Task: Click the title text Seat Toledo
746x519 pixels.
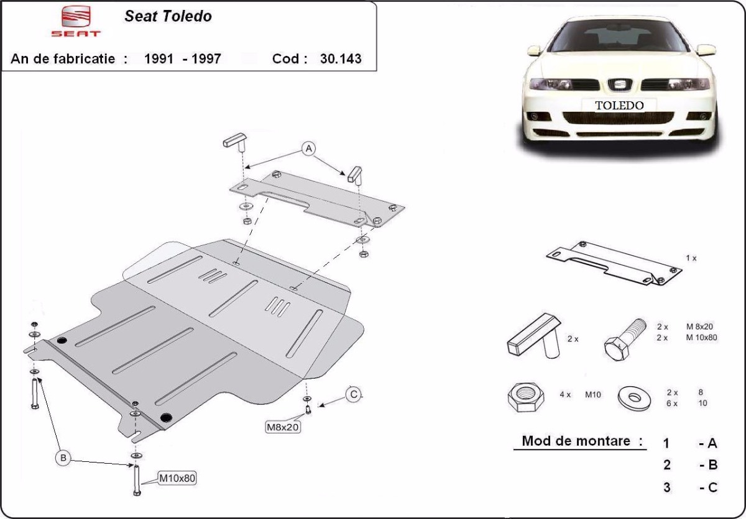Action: pyautogui.click(x=168, y=16)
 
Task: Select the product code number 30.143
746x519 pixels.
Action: pyautogui.click(x=341, y=59)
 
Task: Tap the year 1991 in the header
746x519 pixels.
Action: pyautogui.click(x=159, y=59)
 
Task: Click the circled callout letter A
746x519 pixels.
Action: pyautogui.click(x=308, y=148)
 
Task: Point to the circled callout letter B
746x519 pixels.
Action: pyautogui.click(x=63, y=458)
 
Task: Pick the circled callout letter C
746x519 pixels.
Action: pyautogui.click(x=353, y=395)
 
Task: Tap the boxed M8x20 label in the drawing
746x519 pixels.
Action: pyautogui.click(x=283, y=427)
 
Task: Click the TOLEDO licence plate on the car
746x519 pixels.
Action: pyautogui.click(x=619, y=106)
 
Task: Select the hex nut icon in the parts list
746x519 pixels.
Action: pyautogui.click(x=526, y=397)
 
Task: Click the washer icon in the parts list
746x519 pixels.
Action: pyautogui.click(x=634, y=399)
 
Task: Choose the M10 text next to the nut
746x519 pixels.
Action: pyautogui.click(x=593, y=395)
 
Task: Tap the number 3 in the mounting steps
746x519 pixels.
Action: pyautogui.click(x=666, y=487)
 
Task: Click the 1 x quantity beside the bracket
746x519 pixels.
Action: pyautogui.click(x=691, y=258)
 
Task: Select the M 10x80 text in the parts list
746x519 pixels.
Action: pyautogui.click(x=701, y=338)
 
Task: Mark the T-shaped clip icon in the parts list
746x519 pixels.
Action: pyautogui.click(x=534, y=336)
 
